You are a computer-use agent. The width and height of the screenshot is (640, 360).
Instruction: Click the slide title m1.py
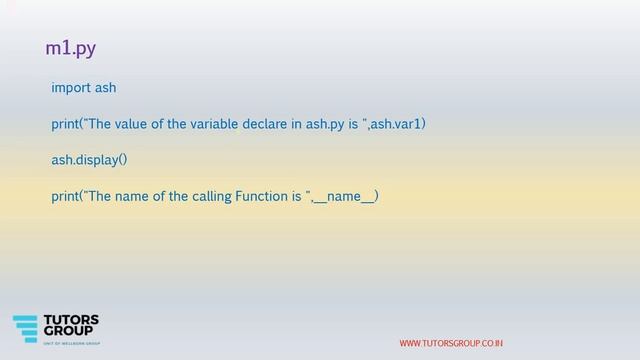pos(70,48)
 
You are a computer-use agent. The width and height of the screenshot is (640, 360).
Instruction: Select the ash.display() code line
pos(90,159)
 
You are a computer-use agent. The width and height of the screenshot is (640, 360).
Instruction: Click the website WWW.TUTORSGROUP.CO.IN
pos(451,344)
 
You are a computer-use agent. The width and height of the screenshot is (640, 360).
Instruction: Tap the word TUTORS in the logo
pos(75,321)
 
